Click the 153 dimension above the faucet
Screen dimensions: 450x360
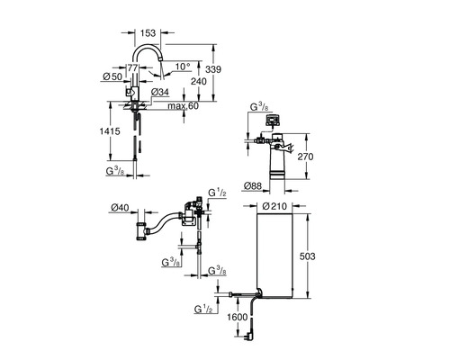click(148, 32)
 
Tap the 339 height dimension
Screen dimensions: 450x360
click(213, 69)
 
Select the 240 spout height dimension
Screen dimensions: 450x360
click(199, 81)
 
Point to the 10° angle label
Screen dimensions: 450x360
click(183, 67)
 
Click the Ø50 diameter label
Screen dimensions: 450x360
click(112, 76)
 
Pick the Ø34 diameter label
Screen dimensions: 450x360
click(160, 92)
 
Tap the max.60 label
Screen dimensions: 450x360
click(183, 106)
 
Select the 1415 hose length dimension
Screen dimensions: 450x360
click(110, 131)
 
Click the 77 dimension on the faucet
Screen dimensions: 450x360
click(132, 67)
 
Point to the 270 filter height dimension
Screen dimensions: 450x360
click(305, 157)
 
